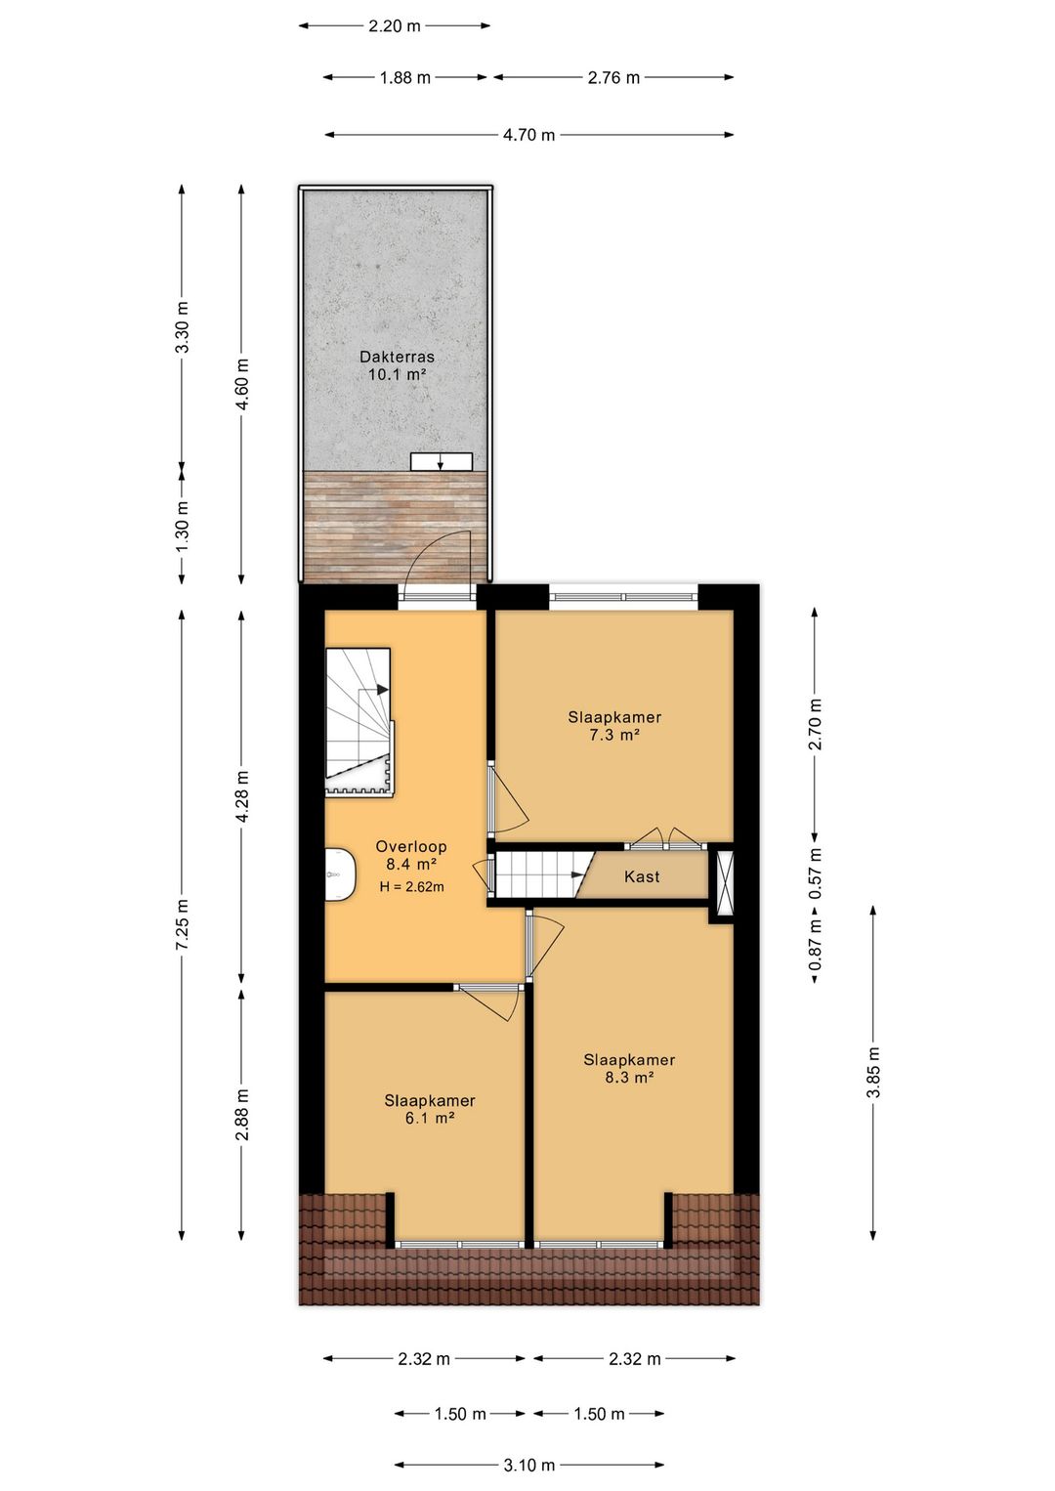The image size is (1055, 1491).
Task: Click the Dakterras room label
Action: coord(397,357)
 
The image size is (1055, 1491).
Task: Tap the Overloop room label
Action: coord(411,847)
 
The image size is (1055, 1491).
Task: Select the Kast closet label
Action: coord(642,876)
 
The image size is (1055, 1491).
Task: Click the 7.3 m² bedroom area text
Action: coord(614,735)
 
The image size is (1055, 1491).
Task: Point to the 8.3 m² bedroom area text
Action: coord(629,1078)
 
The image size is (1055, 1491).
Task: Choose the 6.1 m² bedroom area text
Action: coord(430,1118)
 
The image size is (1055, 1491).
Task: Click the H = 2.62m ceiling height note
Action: coord(411,887)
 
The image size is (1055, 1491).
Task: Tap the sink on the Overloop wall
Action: coord(339,873)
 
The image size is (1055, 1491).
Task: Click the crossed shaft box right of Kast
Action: coord(725,883)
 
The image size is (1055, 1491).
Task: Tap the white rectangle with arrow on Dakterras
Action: coord(441,461)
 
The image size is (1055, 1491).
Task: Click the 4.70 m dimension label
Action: coord(528,135)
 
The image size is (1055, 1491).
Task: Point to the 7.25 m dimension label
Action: coord(183,924)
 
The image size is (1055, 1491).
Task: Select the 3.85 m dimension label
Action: coord(873,1072)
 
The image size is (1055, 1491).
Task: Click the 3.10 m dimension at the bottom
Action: coord(528,1465)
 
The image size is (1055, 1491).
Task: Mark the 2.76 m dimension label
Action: coord(613,78)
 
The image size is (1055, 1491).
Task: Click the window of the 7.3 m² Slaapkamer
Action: coord(623,595)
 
